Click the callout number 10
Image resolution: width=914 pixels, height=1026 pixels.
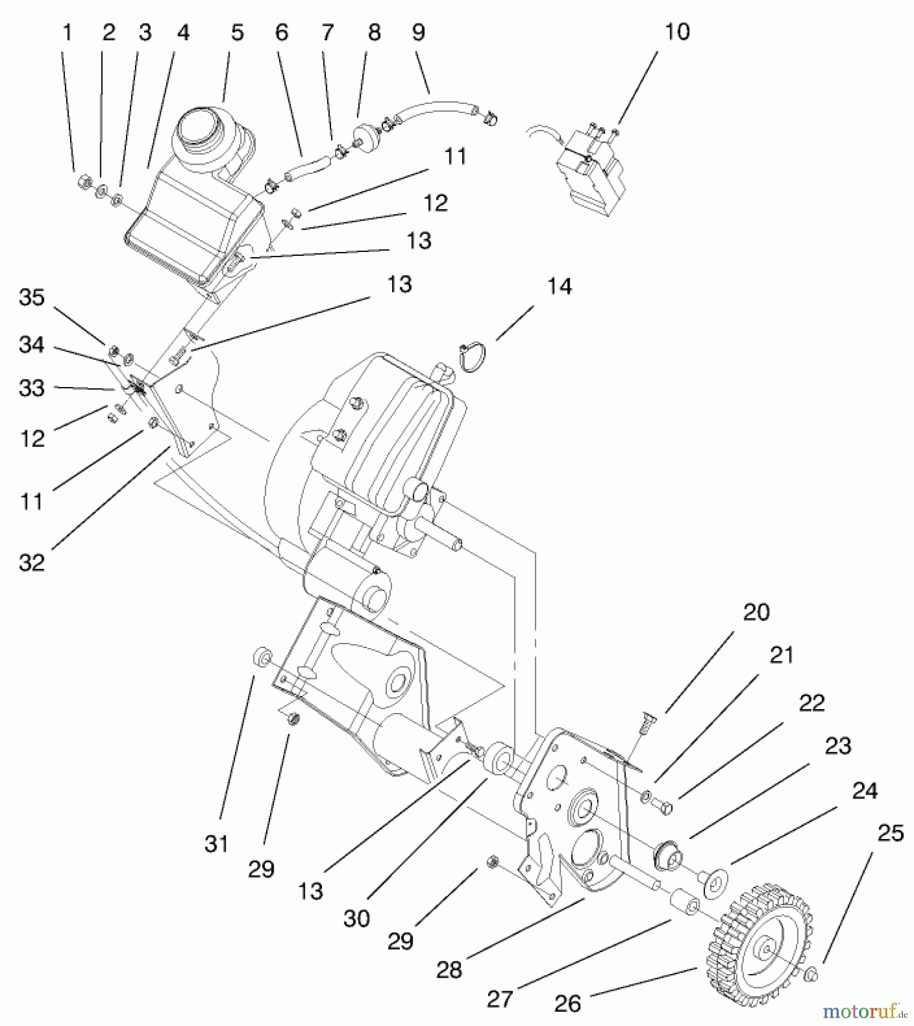pos(677,32)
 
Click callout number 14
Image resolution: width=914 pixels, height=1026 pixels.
pos(559,287)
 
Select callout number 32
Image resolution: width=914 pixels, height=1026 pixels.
pos(31,563)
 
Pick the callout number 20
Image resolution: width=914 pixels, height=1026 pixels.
pos(756,612)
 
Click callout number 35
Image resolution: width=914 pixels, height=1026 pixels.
pos(31,298)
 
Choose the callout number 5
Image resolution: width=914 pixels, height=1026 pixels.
pos(237,32)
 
